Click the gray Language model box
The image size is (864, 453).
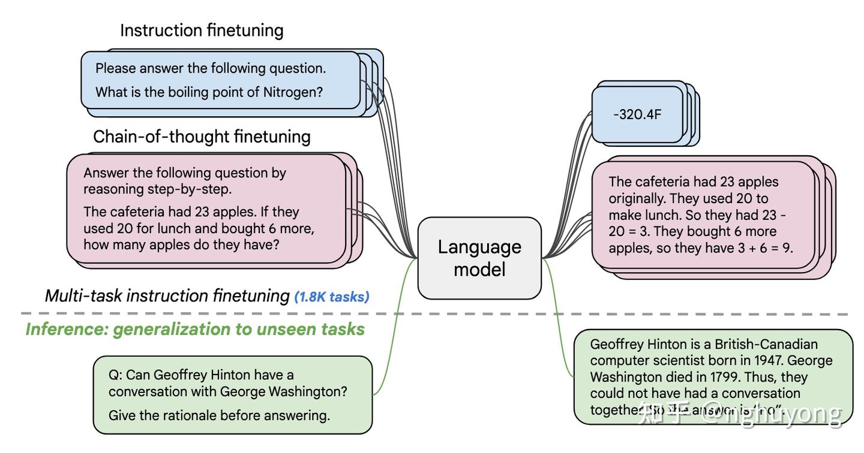point(479,258)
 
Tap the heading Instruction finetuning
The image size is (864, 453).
point(202,31)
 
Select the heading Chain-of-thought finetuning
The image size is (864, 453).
point(202,137)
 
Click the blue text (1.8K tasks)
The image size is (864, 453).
point(332,297)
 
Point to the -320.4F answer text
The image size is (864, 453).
point(637,114)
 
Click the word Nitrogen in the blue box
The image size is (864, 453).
point(293,92)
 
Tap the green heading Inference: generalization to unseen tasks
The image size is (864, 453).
point(195,330)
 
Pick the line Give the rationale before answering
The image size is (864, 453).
point(219,415)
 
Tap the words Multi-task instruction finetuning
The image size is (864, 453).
point(167,296)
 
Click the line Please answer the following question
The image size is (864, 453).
point(211,68)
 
